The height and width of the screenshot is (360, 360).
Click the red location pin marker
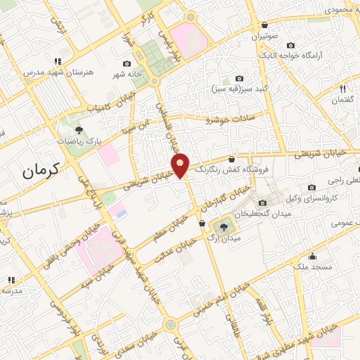pos(181,166)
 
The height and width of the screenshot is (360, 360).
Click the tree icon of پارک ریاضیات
pos(79,130)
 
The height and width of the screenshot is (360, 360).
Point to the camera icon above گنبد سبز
pos(239,79)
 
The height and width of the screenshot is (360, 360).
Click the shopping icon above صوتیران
pos(263,25)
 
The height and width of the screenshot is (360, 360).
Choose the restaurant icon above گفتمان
pos(342,89)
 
